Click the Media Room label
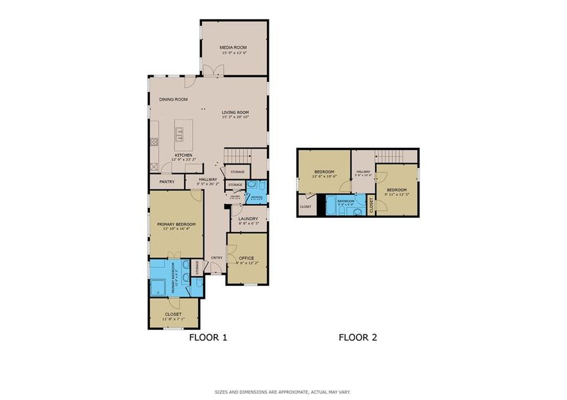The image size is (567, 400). click(x=234, y=47)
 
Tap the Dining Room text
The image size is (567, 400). click(x=173, y=99)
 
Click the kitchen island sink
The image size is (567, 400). click(x=179, y=132)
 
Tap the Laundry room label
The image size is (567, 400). click(x=247, y=218)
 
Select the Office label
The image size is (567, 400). click(x=246, y=257)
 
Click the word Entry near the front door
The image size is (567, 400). click(x=217, y=258)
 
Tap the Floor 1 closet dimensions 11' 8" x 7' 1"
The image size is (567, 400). click(x=173, y=319)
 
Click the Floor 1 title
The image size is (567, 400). click(x=209, y=337)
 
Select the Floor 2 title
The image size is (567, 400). click(x=358, y=337)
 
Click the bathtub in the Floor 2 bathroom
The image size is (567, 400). click(x=332, y=205)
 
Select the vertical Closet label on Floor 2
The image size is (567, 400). click(x=372, y=205)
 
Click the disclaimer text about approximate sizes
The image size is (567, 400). click(x=283, y=391)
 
